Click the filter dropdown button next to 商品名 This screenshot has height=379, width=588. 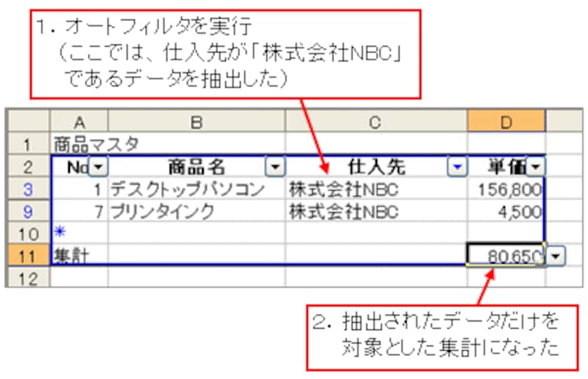point(275,166)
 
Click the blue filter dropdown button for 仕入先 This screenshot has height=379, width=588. point(457,166)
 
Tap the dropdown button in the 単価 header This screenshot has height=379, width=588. point(535,166)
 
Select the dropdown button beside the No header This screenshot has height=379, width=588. point(98,166)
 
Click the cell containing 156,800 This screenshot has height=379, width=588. point(506,189)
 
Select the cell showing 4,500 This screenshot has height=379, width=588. point(506,212)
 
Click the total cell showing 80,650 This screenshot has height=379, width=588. point(506,256)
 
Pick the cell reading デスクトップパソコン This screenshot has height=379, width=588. point(196,189)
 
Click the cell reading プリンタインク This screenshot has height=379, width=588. point(196,212)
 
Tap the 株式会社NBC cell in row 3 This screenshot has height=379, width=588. point(376,189)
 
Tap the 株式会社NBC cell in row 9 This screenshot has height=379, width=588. point(376,212)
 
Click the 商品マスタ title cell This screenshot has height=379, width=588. point(96,144)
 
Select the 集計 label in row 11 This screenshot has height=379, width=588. point(71,256)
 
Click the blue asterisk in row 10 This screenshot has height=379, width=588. point(60,231)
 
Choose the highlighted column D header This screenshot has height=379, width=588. point(506,121)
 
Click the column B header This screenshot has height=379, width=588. point(196,121)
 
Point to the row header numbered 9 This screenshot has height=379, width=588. point(28,212)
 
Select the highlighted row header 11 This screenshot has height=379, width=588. point(28,256)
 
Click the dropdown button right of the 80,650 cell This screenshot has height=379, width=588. point(556,256)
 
